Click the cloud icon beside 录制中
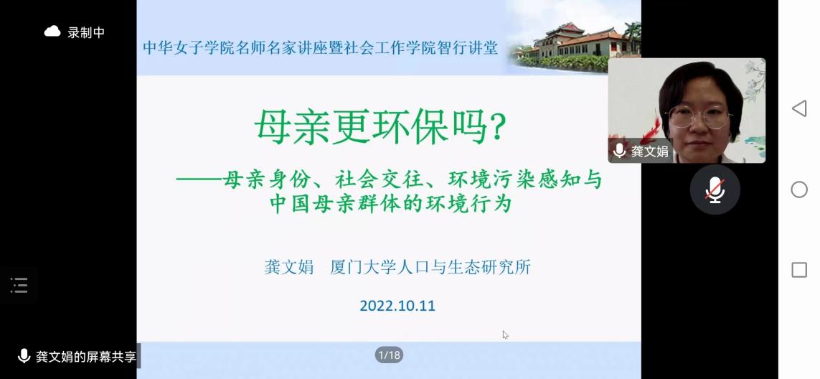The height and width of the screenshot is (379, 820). [x=52, y=32]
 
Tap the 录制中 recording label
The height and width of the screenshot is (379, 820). [x=86, y=32]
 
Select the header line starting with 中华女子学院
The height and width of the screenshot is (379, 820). [x=321, y=47]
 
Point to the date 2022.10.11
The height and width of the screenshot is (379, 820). [x=397, y=306]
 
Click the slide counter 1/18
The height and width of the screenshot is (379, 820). [x=389, y=355]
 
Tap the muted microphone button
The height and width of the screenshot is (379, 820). [x=715, y=189]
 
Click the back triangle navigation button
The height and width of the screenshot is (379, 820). [x=799, y=108]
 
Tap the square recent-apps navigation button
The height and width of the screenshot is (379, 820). [x=799, y=270]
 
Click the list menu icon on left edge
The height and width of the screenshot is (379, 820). [x=19, y=285]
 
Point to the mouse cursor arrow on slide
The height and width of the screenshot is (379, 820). [x=505, y=335]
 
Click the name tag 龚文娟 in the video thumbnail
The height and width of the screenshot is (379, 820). [x=649, y=151]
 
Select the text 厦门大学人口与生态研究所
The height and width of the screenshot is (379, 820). [x=430, y=267]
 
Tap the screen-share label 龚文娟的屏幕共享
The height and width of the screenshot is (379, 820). [x=86, y=357]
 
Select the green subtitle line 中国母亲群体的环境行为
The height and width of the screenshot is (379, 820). [x=390, y=204]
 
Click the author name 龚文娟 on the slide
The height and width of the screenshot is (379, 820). [x=288, y=267]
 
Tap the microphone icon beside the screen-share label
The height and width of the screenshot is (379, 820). [x=24, y=357]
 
